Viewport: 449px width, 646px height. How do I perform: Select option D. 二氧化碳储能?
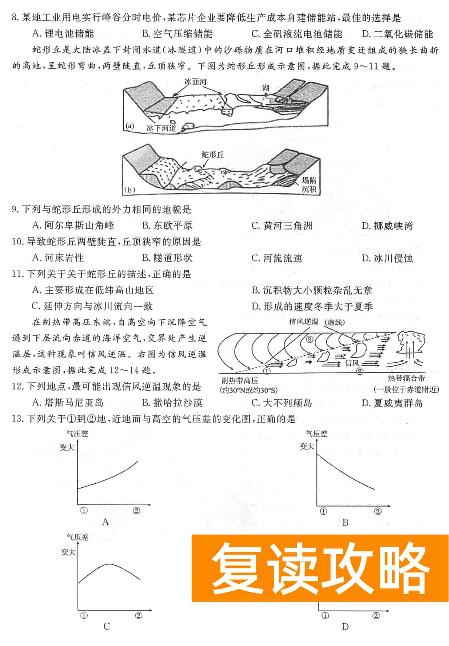point(397,34)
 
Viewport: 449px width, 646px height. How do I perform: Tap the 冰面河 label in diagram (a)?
point(194,81)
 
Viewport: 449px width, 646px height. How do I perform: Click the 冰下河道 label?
point(161,128)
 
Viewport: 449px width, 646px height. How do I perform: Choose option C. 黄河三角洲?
point(282,225)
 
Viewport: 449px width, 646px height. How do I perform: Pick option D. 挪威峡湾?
point(387,225)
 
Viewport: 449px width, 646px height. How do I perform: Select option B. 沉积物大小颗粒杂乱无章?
point(311,290)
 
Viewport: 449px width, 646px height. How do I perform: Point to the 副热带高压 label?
point(240,380)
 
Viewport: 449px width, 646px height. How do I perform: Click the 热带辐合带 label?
point(408,379)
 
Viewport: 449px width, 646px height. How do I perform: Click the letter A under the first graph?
point(105,522)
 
